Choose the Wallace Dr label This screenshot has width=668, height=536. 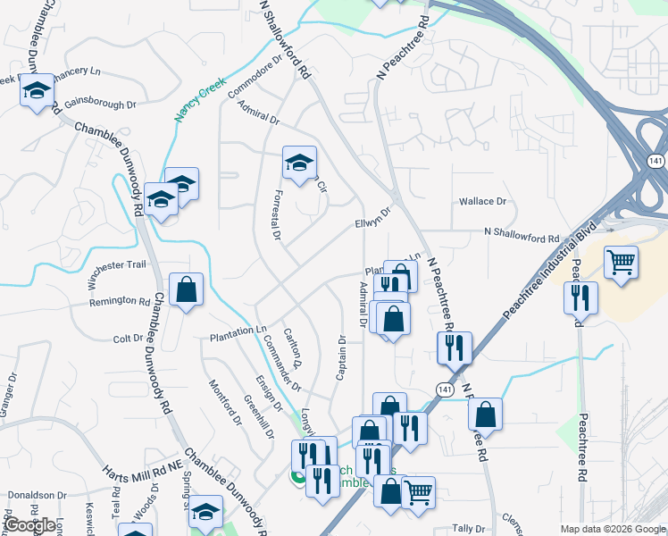(482, 202)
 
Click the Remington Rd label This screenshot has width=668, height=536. (119, 302)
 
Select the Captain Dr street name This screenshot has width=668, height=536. (341, 357)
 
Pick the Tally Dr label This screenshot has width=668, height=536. (468, 529)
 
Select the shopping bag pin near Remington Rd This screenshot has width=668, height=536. (186, 289)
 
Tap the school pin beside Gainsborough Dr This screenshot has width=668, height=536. (38, 90)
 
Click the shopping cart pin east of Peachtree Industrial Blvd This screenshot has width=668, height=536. (622, 263)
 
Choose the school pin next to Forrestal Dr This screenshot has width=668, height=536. (299, 163)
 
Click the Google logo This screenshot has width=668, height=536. (30, 525)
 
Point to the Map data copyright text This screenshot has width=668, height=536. (612, 529)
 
